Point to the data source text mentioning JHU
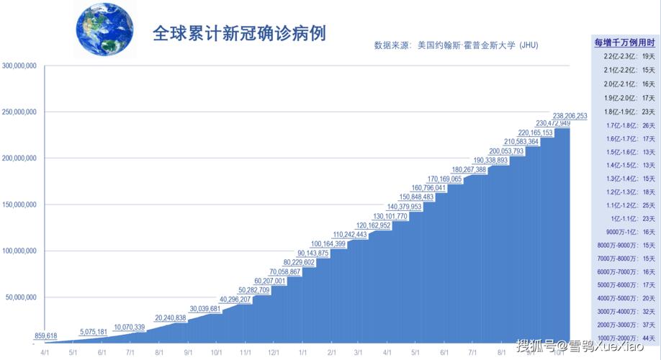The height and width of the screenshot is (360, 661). tap(456, 45)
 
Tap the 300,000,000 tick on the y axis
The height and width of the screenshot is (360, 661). tap(20, 66)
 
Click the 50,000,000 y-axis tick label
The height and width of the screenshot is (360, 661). tap(22, 297)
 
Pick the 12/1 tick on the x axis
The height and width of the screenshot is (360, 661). tap(274, 352)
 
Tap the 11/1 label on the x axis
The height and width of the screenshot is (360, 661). tap(245, 352)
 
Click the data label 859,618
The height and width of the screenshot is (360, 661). tap(45, 336)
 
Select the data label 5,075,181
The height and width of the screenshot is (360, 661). tap(94, 332)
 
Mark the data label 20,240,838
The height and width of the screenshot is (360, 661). tap(170, 318)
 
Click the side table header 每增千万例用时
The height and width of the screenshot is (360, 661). tap(624, 43)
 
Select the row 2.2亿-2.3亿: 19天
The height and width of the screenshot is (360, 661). tap(624, 56)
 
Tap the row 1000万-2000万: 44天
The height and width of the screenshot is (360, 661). tap(624, 338)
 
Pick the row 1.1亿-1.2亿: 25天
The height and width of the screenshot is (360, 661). tap(624, 205)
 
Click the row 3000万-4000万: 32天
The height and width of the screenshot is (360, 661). tap(624, 312)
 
